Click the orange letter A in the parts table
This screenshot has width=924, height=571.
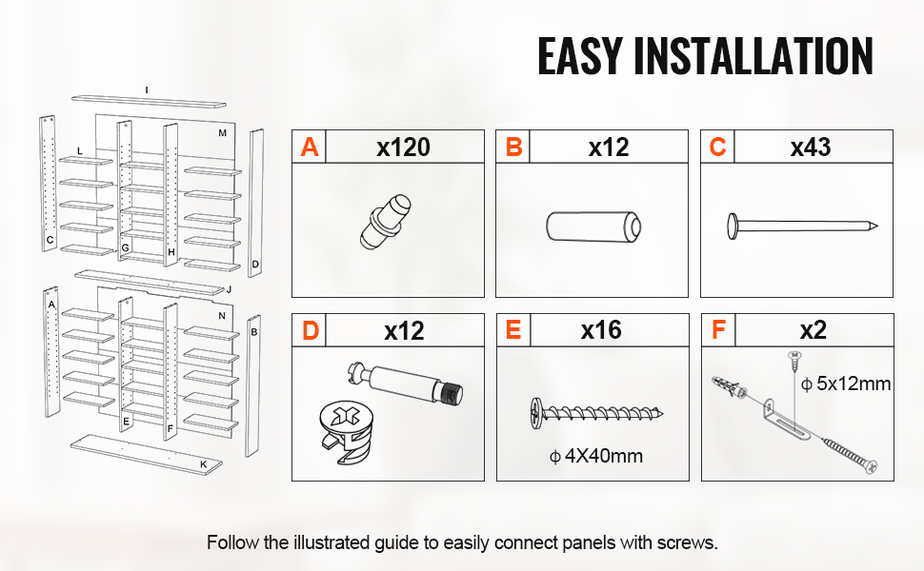310,148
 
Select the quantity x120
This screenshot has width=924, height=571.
404,148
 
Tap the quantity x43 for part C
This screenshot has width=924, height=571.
811,148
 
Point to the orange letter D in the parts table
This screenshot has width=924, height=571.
310,331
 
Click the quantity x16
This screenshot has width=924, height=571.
601,330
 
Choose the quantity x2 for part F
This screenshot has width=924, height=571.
814,330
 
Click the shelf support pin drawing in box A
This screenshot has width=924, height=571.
386,222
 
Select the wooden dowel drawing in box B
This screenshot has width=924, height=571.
594,226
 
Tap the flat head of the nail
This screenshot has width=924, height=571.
733,226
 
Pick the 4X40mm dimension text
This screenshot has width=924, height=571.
595,456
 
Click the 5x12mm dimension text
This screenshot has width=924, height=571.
846,384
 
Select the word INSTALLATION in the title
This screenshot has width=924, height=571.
753,56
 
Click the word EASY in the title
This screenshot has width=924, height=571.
580,56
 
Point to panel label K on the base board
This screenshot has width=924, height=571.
203,464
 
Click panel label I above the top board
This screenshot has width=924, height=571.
147,90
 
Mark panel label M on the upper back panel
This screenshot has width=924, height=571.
222,133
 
